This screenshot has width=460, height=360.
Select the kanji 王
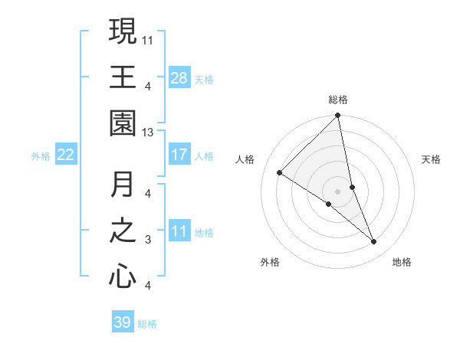click(x=123, y=77)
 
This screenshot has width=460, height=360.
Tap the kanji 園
click(x=123, y=123)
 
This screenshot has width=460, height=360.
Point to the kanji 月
click(x=123, y=185)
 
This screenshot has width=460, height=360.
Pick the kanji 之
click(x=123, y=231)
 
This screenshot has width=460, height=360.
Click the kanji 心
click(x=123, y=277)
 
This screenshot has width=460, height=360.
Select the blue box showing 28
click(x=179, y=77)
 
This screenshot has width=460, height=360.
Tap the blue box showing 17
click(x=179, y=155)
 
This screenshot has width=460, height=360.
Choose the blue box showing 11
click(x=179, y=231)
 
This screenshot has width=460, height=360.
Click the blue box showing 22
click(x=66, y=155)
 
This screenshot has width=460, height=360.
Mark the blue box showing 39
click(x=123, y=322)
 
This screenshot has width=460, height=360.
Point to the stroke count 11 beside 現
click(x=149, y=38)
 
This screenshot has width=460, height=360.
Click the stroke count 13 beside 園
click(x=149, y=132)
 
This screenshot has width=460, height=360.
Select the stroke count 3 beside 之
click(x=148, y=240)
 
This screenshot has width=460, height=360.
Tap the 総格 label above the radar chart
click(x=338, y=100)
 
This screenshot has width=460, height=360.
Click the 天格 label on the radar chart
click(x=432, y=159)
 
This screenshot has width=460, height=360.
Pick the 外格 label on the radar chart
click(x=270, y=262)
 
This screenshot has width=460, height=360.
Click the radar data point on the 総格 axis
click(x=338, y=116)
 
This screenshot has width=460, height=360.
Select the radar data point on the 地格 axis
click(x=374, y=241)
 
